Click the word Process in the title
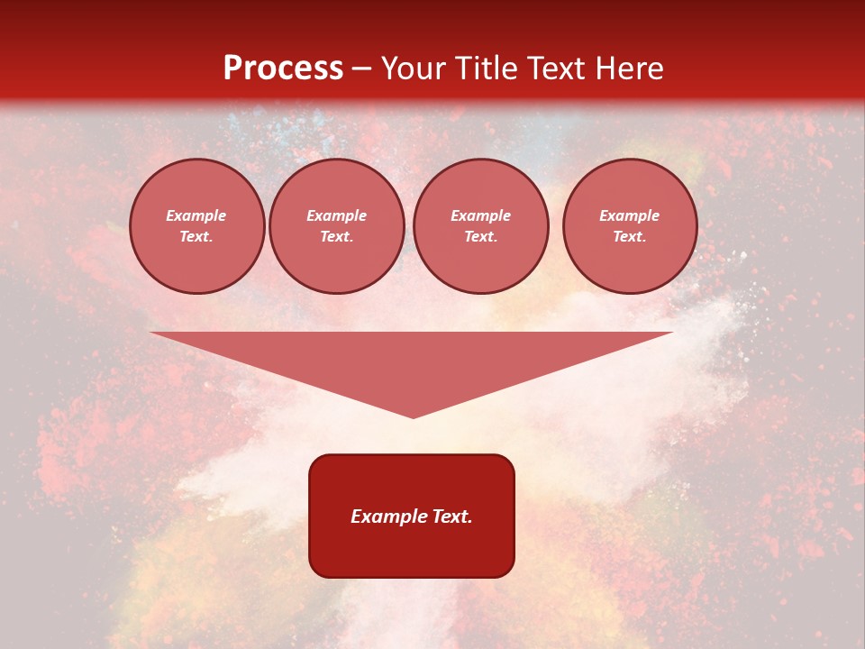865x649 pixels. click(x=283, y=69)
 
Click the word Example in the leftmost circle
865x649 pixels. click(x=196, y=215)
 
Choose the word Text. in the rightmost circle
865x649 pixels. click(x=630, y=236)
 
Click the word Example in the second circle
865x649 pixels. click(x=337, y=215)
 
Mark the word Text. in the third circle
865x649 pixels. click(x=481, y=236)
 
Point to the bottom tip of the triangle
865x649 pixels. click(x=414, y=416)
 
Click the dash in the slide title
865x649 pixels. click(x=362, y=69)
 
